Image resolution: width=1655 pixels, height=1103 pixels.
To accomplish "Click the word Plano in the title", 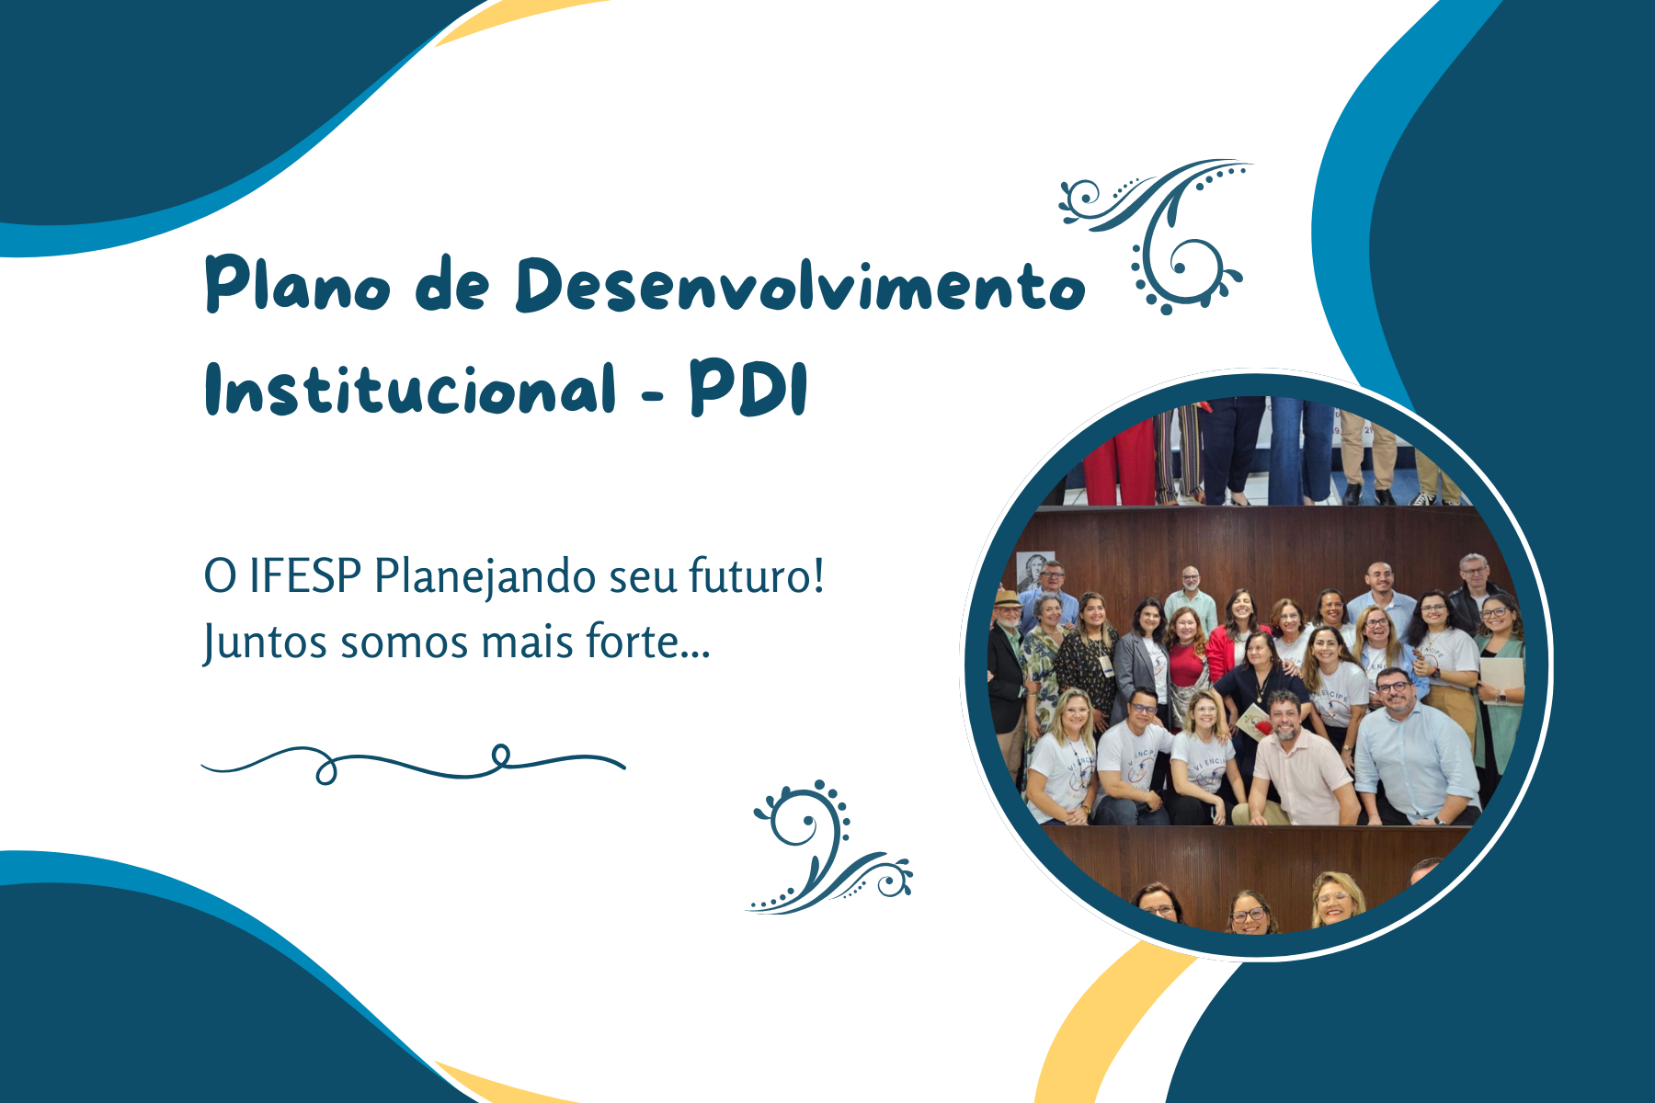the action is tap(297, 284).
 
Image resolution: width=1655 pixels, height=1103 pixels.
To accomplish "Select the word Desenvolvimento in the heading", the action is tap(801, 284).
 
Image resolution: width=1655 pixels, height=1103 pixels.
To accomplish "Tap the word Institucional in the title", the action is tap(410, 388).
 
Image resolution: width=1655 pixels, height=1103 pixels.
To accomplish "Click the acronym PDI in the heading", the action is tap(748, 388).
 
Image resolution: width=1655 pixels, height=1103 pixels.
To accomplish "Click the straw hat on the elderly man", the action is tap(1008, 598).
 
